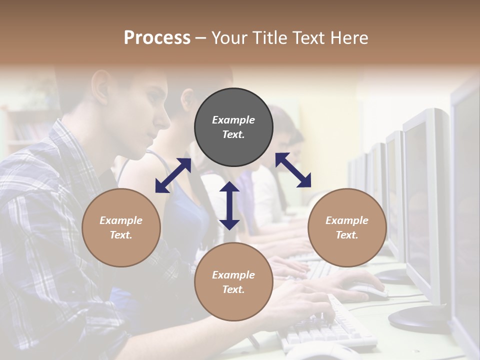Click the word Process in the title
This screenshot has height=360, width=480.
[x=157, y=38]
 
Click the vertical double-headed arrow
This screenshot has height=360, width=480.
[x=229, y=205]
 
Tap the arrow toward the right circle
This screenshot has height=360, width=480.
[x=293, y=170]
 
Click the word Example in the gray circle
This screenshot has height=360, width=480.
[x=233, y=120]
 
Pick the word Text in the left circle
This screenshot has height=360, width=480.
[x=121, y=235]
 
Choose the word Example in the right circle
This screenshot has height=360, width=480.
[x=347, y=220]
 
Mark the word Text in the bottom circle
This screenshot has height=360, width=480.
[x=233, y=289]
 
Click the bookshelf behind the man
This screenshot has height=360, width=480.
[x=25, y=127]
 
